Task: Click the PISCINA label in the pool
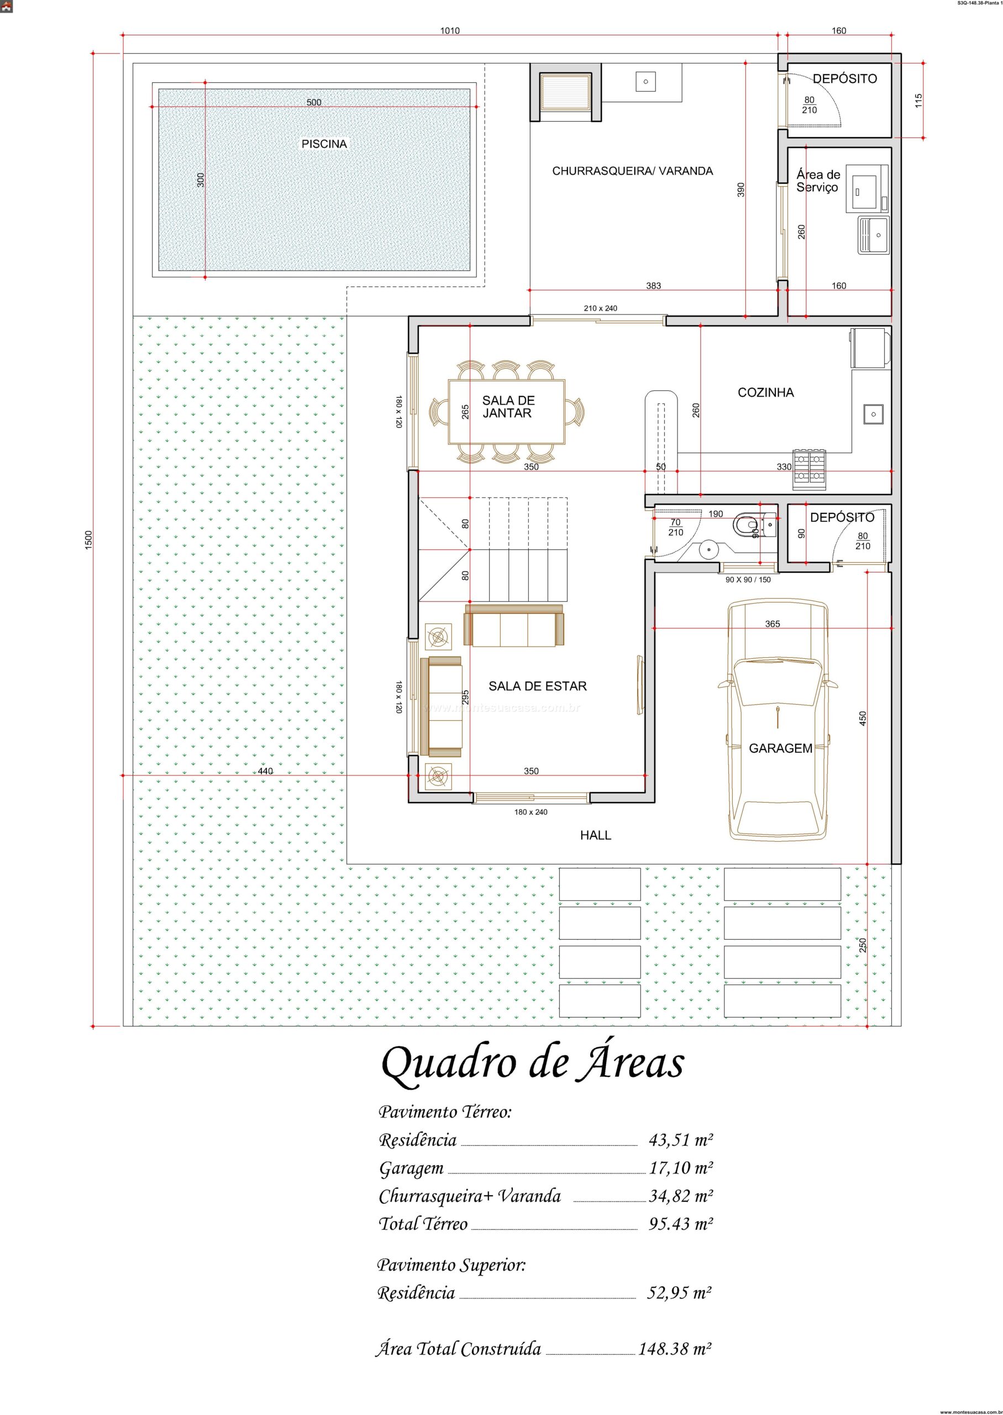pos(324,144)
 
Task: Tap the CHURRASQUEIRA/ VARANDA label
pos(632,171)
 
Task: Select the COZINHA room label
pos(766,392)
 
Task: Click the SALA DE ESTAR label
pos(537,685)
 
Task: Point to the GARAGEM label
pos(780,748)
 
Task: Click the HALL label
pos(595,836)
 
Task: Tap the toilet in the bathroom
pos(745,526)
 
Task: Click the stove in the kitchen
pos(809,467)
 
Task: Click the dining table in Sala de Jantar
pos(506,412)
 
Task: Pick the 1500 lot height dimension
pos(88,541)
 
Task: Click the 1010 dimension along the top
pos(449,31)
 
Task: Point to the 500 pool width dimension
pos(314,102)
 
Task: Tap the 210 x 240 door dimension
pos(600,308)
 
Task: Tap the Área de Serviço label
pos(818,181)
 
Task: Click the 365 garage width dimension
pos(772,624)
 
